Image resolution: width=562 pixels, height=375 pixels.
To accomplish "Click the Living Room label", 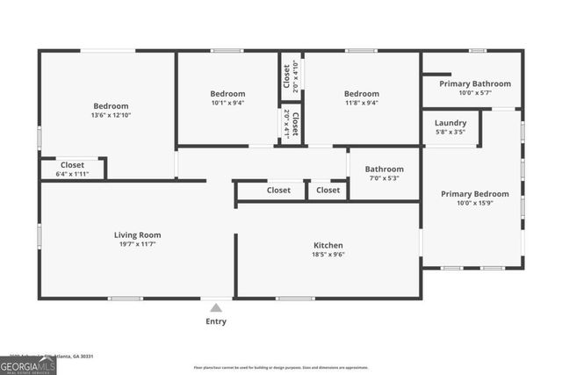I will pyautogui.click(x=137, y=234).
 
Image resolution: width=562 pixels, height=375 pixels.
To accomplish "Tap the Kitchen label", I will pyautogui.click(x=328, y=245).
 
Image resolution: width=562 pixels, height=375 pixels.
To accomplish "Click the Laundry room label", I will pyautogui.click(x=450, y=123).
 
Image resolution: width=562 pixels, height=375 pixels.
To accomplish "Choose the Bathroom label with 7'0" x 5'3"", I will pyautogui.click(x=384, y=169).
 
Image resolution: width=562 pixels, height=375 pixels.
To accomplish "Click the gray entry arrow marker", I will pyautogui.click(x=215, y=307).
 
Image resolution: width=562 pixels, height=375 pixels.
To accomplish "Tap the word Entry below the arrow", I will pyautogui.click(x=215, y=321).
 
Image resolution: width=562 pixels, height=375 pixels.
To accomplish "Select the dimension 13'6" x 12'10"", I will pyautogui.click(x=111, y=115).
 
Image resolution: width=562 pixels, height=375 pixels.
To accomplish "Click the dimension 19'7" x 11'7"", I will pyautogui.click(x=137, y=245).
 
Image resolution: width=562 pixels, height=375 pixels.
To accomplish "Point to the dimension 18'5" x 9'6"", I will pyautogui.click(x=328, y=256).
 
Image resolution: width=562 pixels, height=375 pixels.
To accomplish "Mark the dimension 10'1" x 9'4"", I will pyautogui.click(x=227, y=104).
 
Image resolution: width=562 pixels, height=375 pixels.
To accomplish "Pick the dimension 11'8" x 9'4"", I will pyautogui.click(x=361, y=104).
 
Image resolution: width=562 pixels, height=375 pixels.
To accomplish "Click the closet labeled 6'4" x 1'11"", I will pyautogui.click(x=72, y=169).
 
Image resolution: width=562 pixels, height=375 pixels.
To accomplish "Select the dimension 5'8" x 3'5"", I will pyautogui.click(x=450, y=133).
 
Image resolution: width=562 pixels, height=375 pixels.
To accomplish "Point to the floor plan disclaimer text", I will pyautogui.click(x=281, y=367).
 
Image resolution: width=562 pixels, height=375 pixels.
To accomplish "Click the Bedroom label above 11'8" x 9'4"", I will pyautogui.click(x=361, y=94).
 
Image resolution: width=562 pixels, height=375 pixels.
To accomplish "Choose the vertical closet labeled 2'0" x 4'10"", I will pyautogui.click(x=287, y=76).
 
